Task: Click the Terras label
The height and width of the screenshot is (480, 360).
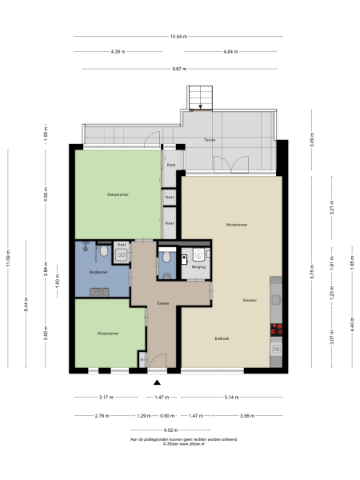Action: [210, 140]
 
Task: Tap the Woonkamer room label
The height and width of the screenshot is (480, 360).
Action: [236, 224]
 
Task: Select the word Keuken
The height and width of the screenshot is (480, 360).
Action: [250, 299]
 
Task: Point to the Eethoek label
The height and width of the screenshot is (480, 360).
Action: [222, 338]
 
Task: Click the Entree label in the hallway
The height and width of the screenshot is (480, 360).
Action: [163, 303]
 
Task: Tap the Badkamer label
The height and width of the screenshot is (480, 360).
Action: [99, 273]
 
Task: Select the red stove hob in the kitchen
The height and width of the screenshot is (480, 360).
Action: [277, 327]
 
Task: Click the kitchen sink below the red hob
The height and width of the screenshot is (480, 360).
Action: [277, 348]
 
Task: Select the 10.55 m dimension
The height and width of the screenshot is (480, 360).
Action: [179, 36]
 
